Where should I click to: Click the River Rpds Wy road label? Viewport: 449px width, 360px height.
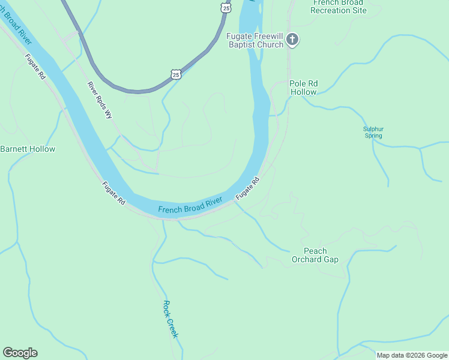coord(100,100)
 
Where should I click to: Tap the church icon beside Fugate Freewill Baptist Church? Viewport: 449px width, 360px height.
coord(292,40)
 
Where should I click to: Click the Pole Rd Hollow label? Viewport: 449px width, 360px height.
coord(303,88)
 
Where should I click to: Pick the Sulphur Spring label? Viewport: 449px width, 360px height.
coord(373,132)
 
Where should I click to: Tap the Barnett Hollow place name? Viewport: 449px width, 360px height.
coord(28,149)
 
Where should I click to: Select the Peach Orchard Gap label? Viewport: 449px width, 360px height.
coord(315,255)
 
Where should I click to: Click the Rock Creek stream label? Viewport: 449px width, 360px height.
coord(171,319)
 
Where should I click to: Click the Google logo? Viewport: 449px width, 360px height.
coord(20,353)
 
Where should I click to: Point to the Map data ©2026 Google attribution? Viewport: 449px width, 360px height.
coord(412,355)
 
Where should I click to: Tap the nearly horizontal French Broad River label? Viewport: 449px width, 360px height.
coord(190,206)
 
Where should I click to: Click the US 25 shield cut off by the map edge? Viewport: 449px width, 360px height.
coord(225,6)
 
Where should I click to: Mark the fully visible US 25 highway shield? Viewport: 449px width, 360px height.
coord(175,74)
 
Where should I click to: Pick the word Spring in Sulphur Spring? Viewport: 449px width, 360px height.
coord(373,136)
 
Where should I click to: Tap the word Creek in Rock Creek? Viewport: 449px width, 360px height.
coord(173,328)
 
